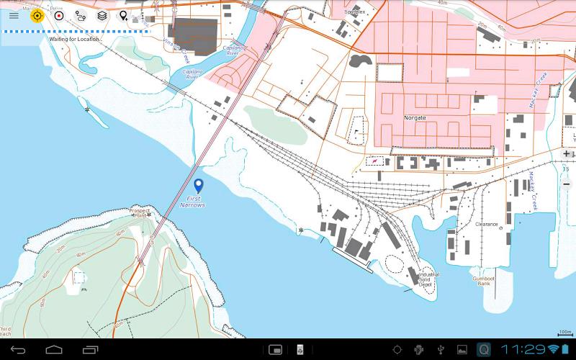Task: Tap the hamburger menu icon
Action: [14, 15]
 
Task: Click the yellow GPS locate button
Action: [37, 15]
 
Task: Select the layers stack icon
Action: [102, 15]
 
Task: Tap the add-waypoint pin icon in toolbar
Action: [124, 15]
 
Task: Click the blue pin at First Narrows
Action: [199, 185]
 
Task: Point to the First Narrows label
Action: [194, 202]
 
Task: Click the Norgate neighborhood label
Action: [415, 117]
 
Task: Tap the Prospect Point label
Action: [139, 212]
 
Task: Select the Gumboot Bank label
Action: [484, 281]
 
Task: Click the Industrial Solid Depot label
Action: [429, 279]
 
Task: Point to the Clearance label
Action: [487, 224]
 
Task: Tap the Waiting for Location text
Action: [74, 39]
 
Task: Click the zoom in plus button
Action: [567, 153]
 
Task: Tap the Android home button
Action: [54, 350]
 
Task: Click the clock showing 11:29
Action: [523, 349]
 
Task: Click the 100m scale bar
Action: [564, 333]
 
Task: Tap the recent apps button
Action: [91, 350]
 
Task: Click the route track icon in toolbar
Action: [81, 15]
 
